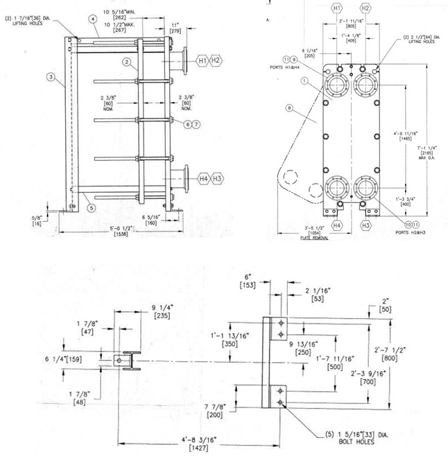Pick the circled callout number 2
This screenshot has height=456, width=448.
pyautogui.click(x=127, y=62)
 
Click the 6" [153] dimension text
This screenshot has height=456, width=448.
pyautogui.click(x=248, y=281)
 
